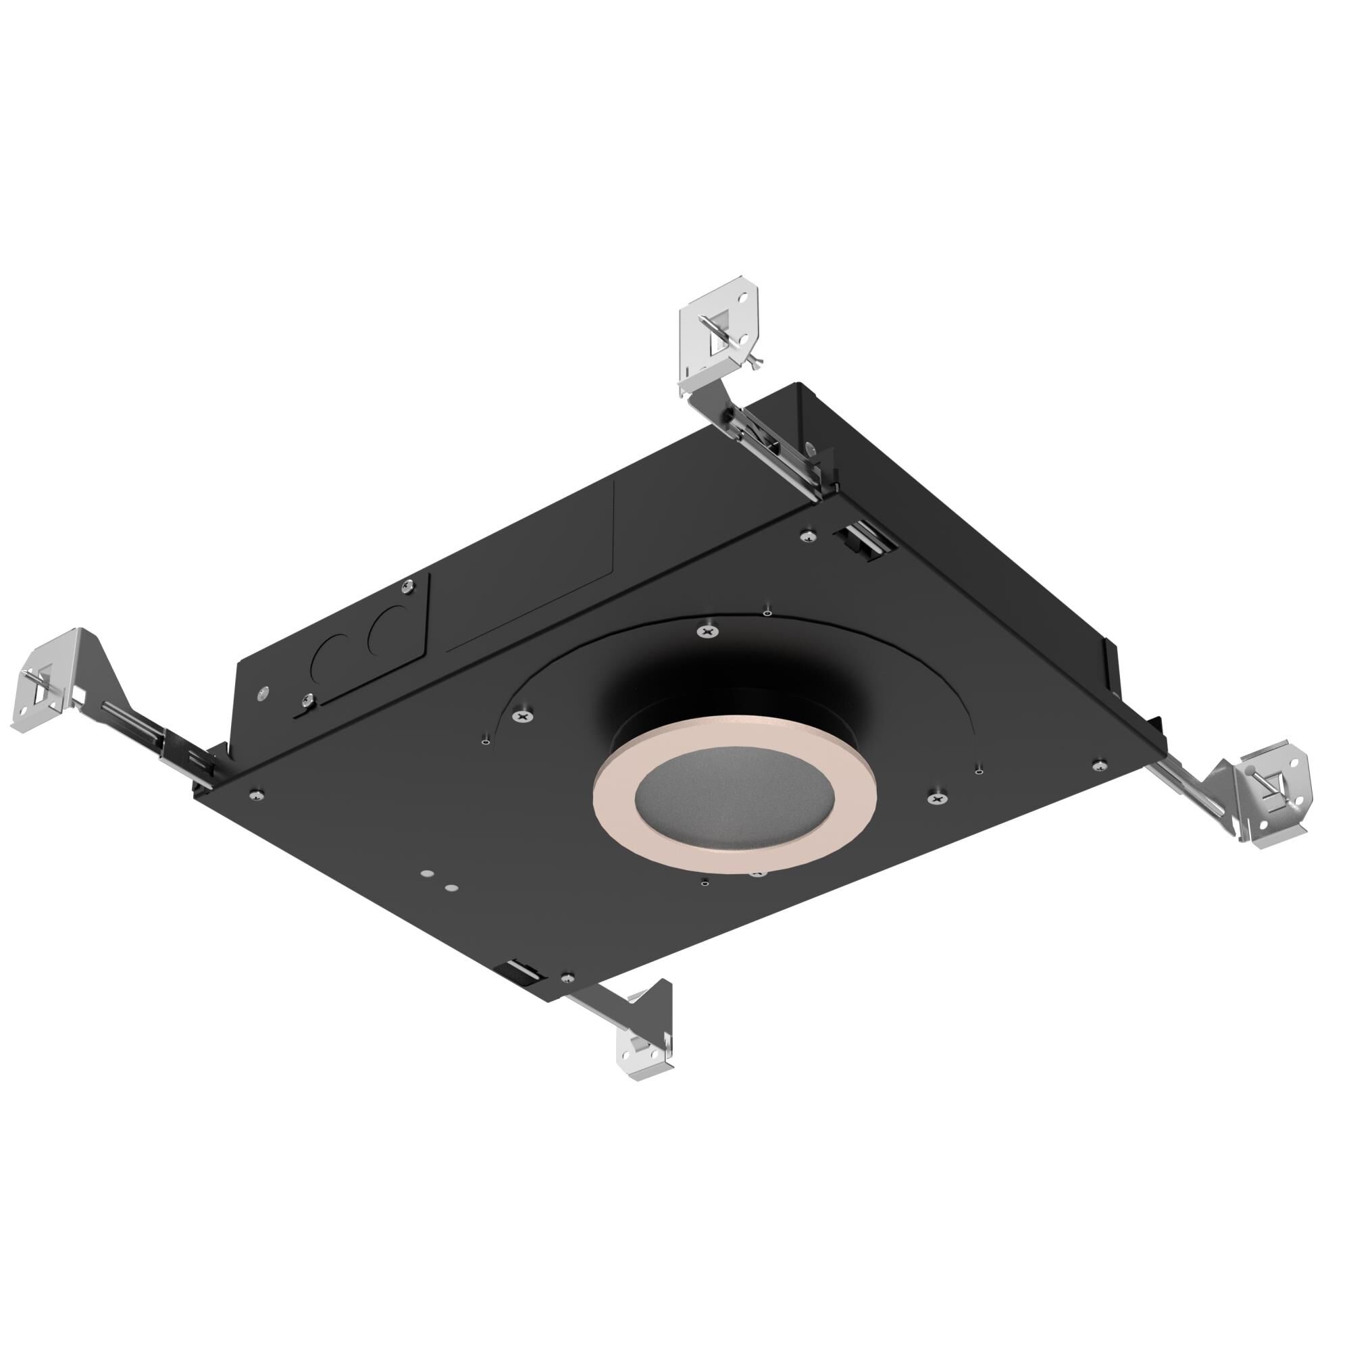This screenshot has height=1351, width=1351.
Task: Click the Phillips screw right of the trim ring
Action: coord(936,796)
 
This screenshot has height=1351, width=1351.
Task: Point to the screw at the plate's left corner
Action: coord(257,794)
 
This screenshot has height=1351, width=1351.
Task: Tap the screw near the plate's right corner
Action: coord(1099,763)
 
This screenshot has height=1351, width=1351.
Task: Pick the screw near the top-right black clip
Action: coord(809,536)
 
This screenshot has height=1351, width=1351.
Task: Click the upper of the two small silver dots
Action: coord(425,874)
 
